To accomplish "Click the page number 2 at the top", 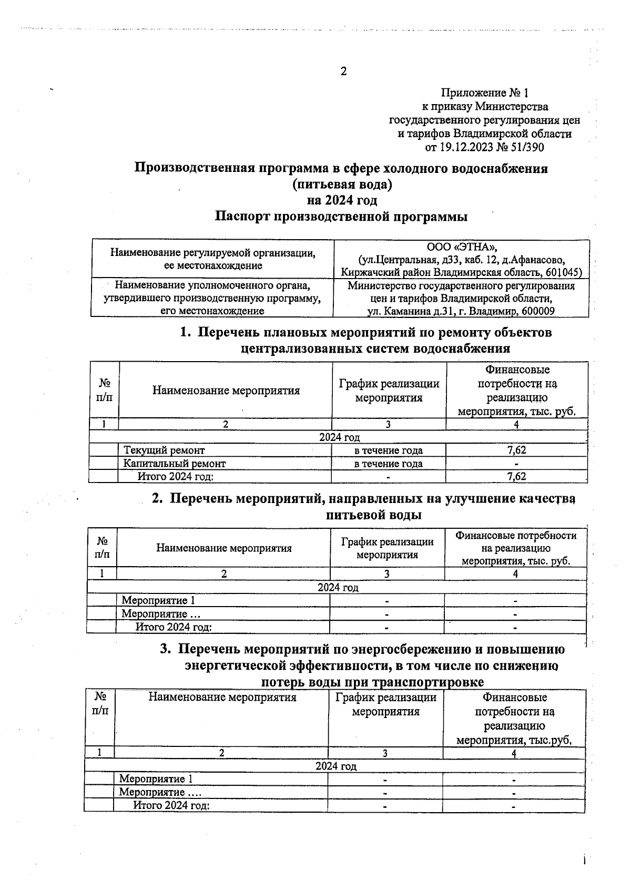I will coord(343,71).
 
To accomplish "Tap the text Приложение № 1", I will coord(484,93).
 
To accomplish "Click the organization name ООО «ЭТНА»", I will coord(462,247).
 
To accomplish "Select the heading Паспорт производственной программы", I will coord(341,217).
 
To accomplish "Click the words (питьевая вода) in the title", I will coord(342,185).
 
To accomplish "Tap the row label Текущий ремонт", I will coord(164,450).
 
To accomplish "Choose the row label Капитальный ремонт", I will coord(175,464).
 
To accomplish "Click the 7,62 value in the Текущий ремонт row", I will coord(516,450).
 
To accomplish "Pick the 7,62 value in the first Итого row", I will coord(516,477).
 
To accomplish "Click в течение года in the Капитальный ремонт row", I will coord(388,464).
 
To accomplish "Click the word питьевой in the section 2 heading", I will coord(355,515).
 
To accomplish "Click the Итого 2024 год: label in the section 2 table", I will coord(174,627).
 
